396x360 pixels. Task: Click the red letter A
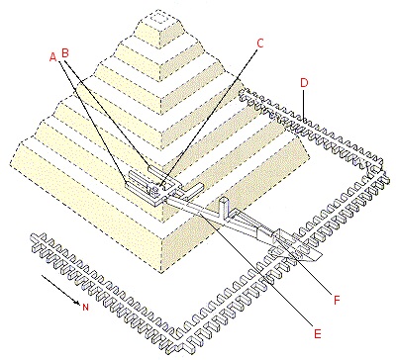click(x=52, y=57)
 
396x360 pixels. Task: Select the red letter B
click(x=65, y=52)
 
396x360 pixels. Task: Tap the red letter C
click(x=260, y=44)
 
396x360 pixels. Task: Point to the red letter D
click(x=304, y=83)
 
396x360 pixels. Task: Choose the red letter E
click(x=317, y=334)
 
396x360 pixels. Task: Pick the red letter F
click(x=337, y=301)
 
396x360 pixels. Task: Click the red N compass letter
click(x=85, y=308)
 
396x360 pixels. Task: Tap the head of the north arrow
click(x=78, y=302)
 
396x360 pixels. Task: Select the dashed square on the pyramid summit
click(x=160, y=19)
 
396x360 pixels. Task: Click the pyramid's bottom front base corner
click(x=161, y=273)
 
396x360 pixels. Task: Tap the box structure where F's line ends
click(x=284, y=238)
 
